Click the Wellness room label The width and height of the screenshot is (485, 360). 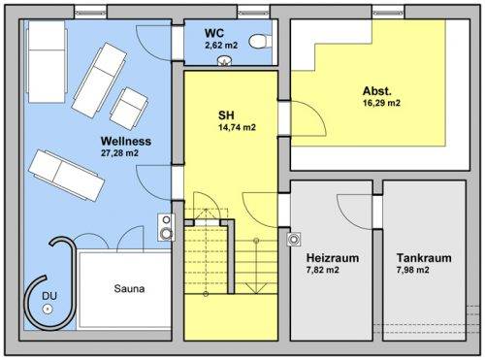(x=126, y=142)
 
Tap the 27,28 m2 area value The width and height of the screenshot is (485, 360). (x=119, y=153)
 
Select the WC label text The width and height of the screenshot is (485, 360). (x=214, y=33)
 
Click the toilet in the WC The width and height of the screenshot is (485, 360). (x=260, y=42)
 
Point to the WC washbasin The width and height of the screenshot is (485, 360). (x=224, y=61)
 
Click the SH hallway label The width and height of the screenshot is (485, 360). (x=226, y=115)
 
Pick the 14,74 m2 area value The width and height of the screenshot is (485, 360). (x=237, y=127)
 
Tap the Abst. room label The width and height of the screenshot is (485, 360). (x=377, y=91)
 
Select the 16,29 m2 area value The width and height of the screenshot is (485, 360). (x=381, y=103)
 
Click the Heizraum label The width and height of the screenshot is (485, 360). (x=333, y=258)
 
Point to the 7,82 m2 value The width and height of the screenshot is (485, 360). (x=322, y=270)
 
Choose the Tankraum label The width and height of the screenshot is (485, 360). (x=424, y=258)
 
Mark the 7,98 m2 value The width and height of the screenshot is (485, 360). (x=412, y=270)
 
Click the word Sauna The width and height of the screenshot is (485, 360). (x=129, y=289)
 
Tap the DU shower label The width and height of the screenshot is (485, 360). (x=49, y=296)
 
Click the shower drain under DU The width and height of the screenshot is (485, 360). (x=48, y=310)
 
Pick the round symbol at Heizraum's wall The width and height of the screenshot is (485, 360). (x=294, y=240)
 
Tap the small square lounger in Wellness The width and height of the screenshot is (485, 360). (x=129, y=109)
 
